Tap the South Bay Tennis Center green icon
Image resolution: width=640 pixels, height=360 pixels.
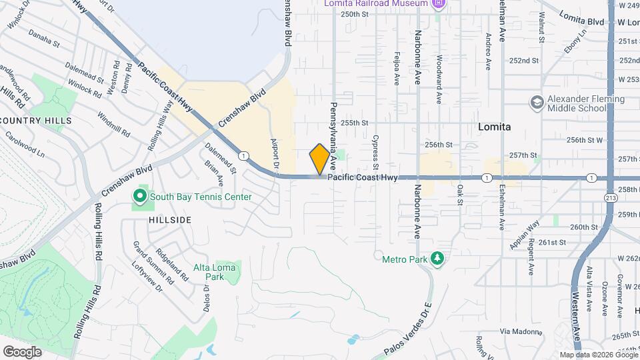(139, 197)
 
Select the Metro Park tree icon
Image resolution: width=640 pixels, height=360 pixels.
(437, 257)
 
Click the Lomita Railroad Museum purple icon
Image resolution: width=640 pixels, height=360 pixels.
(438, 4)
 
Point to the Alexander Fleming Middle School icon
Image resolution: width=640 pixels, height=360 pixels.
(537, 103)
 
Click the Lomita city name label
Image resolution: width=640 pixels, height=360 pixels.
(495, 127)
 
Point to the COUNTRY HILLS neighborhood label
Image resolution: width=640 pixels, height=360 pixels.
(37, 121)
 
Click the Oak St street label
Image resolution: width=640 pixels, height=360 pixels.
(460, 193)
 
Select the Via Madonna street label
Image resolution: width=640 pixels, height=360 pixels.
(518, 331)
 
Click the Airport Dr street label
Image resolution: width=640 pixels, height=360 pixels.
(273, 153)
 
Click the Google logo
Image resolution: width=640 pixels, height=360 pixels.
(22, 351)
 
